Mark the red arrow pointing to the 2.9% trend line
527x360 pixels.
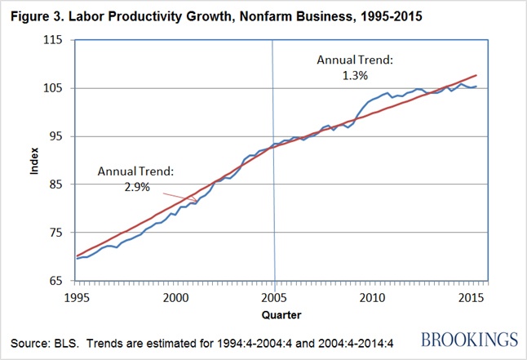179,196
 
